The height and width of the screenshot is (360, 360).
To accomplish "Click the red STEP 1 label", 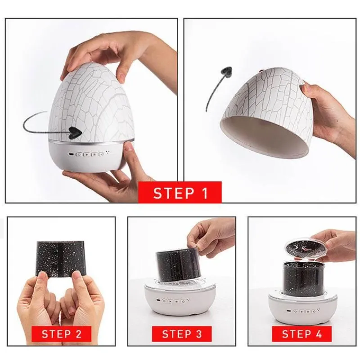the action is pyautogui.click(x=180, y=193).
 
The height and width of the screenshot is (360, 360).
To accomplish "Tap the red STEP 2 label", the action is pyautogui.click(x=61, y=334).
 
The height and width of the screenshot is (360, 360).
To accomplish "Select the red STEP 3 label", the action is pyautogui.click(x=182, y=334).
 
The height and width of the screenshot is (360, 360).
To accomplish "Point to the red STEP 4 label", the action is pyautogui.click(x=301, y=334).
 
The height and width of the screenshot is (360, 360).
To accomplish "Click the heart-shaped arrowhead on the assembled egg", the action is pyautogui.click(x=75, y=133).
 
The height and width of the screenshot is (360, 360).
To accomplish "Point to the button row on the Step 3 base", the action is pyautogui.click(x=173, y=301).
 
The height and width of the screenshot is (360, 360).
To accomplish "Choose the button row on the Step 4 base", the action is pyautogui.click(x=302, y=311).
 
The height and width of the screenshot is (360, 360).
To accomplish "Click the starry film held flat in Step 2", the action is pyautogui.click(x=61, y=258).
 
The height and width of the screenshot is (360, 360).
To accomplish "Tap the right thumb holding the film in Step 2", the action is pyautogui.click(x=77, y=287).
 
